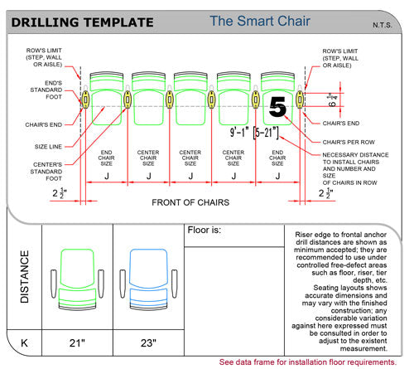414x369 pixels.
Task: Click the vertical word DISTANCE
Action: (x=25, y=276)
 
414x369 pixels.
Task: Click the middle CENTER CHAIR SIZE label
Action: (x=190, y=158)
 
